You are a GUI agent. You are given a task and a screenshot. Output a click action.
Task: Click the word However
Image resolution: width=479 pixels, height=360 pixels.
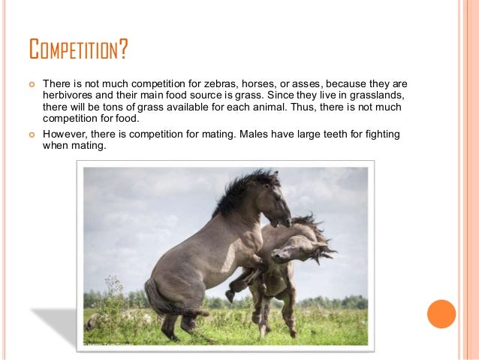[65, 134]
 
